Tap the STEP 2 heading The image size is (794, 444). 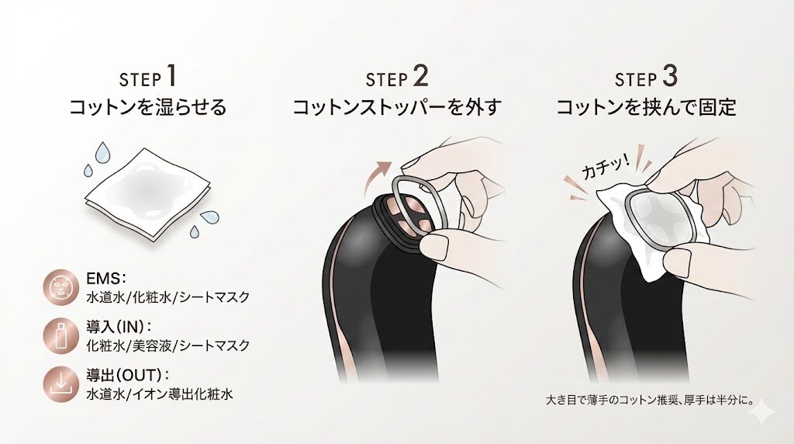397,78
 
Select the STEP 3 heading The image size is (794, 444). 646,78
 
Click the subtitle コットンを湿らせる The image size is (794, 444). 148,107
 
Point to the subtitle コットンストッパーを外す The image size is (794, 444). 397,107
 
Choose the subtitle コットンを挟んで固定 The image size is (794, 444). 646,107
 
